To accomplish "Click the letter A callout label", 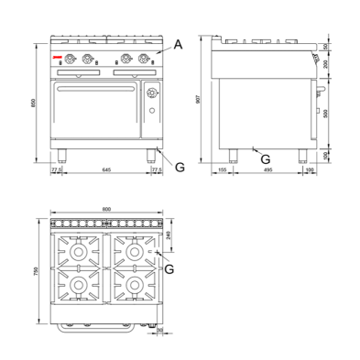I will point(178,43).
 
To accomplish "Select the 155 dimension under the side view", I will point(224,169).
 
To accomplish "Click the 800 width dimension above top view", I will point(106,211).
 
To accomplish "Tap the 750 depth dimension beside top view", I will point(35,272).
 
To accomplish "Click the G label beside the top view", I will point(170,267).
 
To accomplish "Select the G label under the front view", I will point(180,168).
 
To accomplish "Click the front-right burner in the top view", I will point(134,287).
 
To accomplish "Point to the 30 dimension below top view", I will point(160,331).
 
